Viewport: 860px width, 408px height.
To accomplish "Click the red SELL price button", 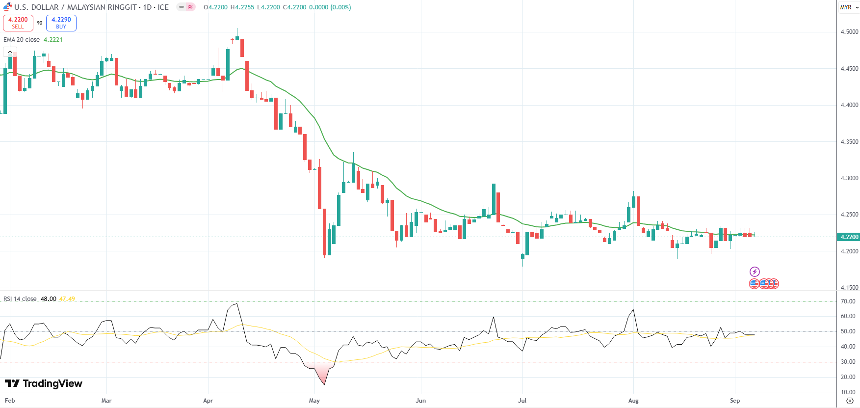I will [x=18, y=23].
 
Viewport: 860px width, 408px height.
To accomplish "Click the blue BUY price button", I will [x=61, y=23].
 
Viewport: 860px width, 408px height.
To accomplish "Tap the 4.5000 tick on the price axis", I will [x=849, y=32].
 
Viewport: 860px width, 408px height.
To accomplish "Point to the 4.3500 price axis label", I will [x=849, y=142].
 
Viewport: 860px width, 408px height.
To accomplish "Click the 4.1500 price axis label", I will [x=849, y=288].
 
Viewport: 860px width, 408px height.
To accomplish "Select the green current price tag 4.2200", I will [x=849, y=237].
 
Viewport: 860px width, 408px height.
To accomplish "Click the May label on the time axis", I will [x=314, y=401].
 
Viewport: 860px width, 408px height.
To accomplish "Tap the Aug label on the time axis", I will [x=633, y=401].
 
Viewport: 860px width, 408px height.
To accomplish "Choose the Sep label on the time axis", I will [x=735, y=401].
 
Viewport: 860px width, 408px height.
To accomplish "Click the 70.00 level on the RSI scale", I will [x=848, y=301].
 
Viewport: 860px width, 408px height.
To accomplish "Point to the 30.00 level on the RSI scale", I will [x=848, y=362].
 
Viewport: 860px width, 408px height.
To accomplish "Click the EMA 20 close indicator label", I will [x=22, y=40].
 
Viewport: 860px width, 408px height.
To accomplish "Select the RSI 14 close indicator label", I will [x=20, y=299].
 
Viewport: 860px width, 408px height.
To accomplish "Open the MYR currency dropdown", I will [x=849, y=7].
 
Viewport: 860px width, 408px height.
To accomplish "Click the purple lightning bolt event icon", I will [x=755, y=272].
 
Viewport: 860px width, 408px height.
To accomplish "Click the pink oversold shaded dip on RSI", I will [x=322, y=373].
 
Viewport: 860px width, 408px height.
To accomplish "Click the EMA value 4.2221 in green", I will [x=53, y=40].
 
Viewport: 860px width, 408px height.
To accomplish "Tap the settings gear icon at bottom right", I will [x=850, y=401].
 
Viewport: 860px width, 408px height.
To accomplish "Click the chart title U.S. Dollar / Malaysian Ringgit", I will [x=91, y=7].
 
